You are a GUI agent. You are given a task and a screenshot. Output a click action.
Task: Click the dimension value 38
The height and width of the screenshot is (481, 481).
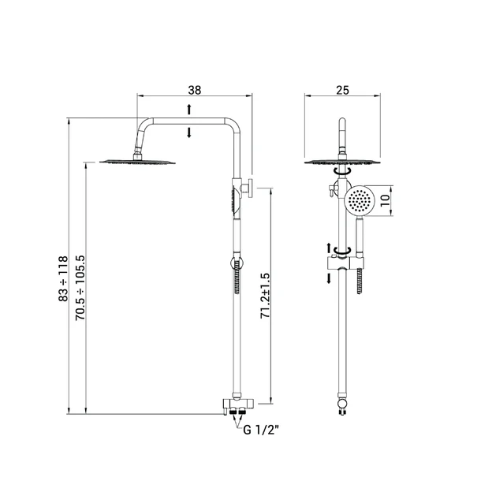click(x=195, y=90)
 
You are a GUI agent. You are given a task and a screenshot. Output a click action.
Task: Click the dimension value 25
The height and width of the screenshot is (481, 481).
click(x=342, y=90)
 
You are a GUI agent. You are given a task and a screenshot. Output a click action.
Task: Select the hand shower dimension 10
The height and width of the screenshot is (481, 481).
click(x=386, y=200)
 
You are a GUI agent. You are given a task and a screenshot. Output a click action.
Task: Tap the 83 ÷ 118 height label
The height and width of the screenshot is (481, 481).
click(x=63, y=278)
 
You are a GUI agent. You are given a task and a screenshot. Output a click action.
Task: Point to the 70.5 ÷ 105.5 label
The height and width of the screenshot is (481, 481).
click(x=80, y=288)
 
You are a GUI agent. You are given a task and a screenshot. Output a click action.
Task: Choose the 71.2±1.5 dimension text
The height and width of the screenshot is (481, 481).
click(x=265, y=296)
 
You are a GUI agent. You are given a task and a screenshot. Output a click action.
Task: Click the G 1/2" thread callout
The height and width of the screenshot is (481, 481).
click(x=261, y=430)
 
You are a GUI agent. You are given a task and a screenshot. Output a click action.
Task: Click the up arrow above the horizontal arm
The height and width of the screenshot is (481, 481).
click(x=189, y=110)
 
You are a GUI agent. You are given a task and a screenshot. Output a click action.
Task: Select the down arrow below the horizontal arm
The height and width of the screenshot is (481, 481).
click(x=189, y=132)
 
